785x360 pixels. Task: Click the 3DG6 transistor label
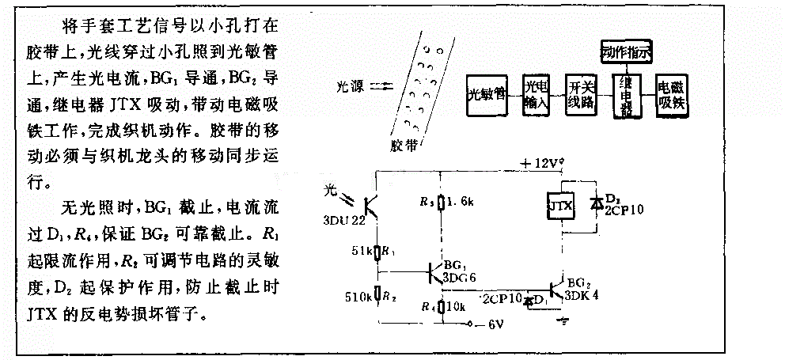click(461, 279)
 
